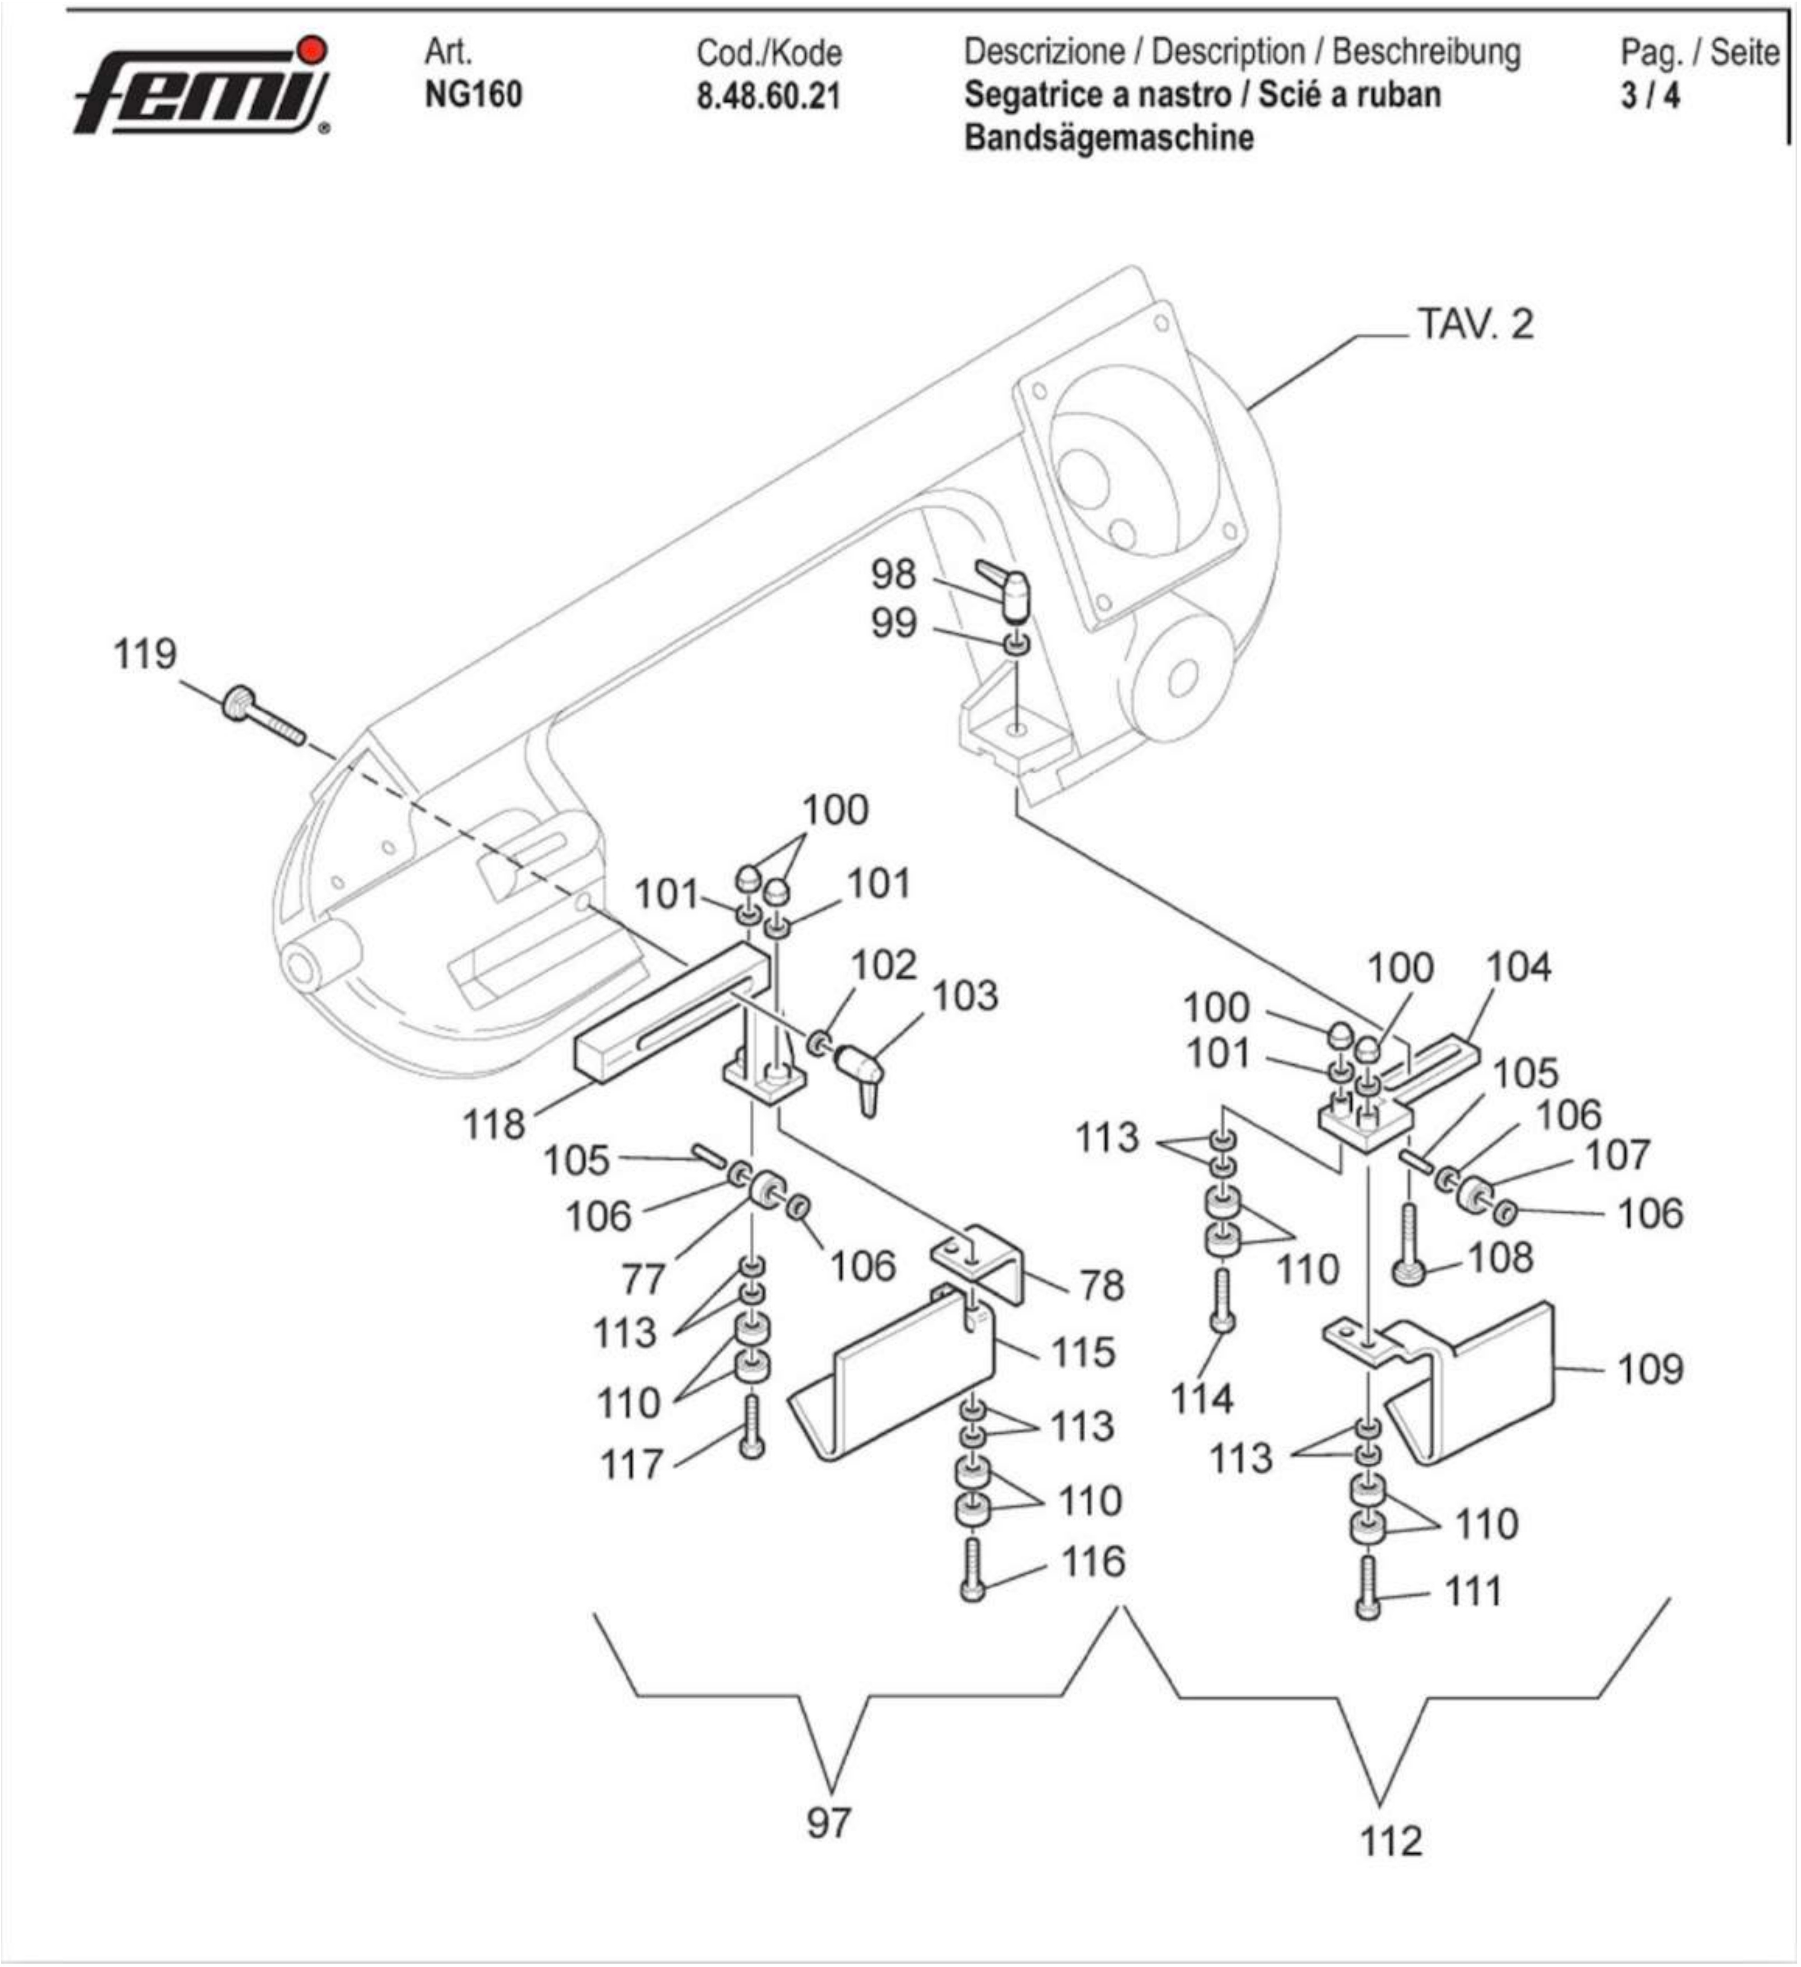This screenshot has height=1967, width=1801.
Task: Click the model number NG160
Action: click(473, 95)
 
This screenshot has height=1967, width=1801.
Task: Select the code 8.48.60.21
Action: click(768, 96)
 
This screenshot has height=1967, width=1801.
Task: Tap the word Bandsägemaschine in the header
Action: click(1108, 138)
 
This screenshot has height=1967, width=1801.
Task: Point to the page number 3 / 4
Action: click(1650, 96)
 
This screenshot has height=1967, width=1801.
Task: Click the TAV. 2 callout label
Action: click(1474, 324)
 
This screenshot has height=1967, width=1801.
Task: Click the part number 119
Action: click(146, 655)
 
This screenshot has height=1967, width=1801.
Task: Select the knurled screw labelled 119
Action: click(262, 717)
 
